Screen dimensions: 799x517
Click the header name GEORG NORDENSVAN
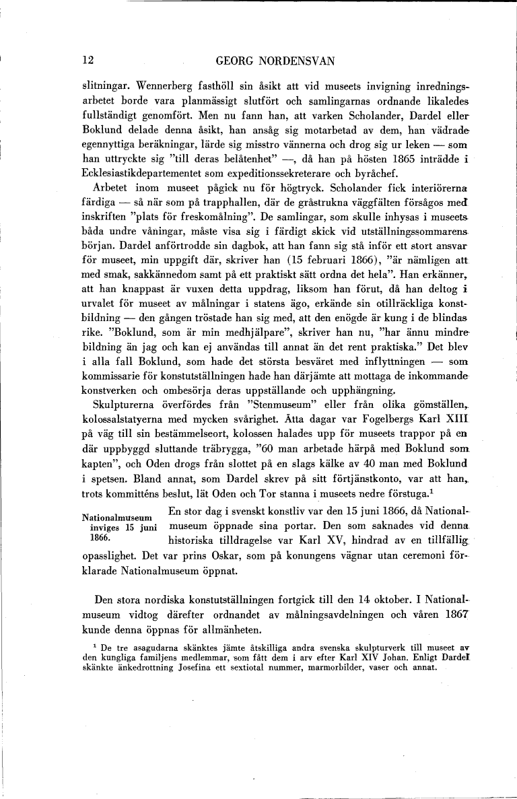click(275, 61)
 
